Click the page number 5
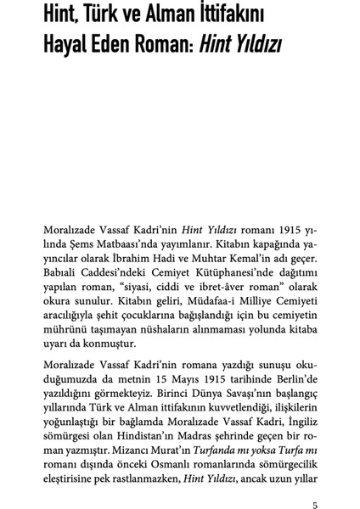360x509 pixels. click(315, 482)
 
